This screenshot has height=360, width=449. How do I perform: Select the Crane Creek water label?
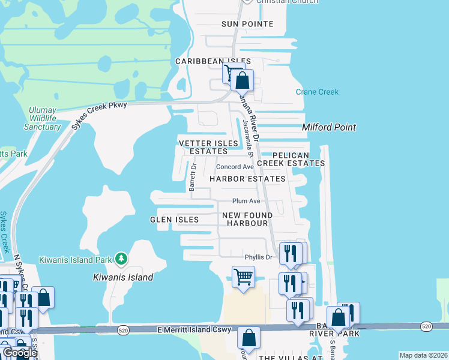(x=317, y=92)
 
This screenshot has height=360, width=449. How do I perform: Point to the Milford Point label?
(x=329, y=127)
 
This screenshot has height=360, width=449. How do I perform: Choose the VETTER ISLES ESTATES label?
(x=205, y=147)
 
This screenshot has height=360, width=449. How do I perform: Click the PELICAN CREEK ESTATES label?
(x=291, y=159)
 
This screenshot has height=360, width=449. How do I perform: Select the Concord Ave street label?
(x=235, y=167)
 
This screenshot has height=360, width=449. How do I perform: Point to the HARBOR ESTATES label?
(x=247, y=179)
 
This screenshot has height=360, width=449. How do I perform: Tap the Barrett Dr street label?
(x=193, y=178)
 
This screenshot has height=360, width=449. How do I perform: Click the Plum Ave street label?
(x=246, y=201)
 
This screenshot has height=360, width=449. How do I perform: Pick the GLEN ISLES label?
(x=174, y=220)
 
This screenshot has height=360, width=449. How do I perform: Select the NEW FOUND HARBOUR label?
(x=247, y=219)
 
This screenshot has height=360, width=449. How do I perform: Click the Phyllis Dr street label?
(x=258, y=257)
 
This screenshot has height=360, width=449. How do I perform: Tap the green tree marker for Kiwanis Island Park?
(x=122, y=259)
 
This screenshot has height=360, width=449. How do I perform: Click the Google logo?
(x=19, y=353)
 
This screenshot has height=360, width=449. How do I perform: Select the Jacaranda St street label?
(x=247, y=139)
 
